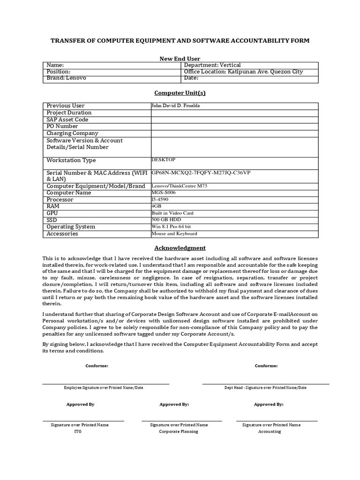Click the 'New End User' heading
(x=180, y=59)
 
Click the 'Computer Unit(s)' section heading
(x=180, y=93)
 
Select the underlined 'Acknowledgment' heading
(x=180, y=248)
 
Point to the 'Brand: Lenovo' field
(x=67, y=78)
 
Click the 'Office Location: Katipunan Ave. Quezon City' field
(x=244, y=72)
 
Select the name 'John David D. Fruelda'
(x=175, y=106)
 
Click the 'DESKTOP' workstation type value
(x=164, y=160)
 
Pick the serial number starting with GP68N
(x=201, y=173)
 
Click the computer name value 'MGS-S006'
(x=164, y=193)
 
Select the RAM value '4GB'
(x=156, y=206)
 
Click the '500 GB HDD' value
(x=166, y=220)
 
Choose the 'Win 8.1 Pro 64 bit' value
(x=171, y=227)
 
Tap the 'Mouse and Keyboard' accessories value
(x=174, y=233)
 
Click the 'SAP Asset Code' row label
(x=67, y=120)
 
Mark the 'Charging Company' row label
(x=73, y=133)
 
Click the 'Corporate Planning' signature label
(x=179, y=431)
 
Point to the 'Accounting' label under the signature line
(x=270, y=431)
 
